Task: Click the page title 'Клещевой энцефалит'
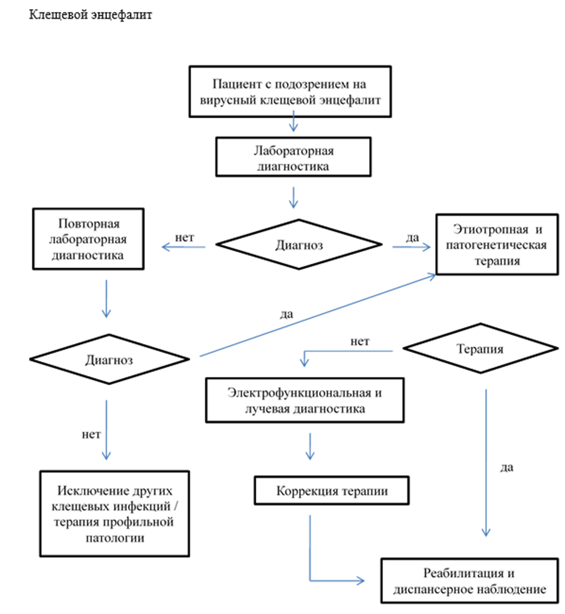[x=91, y=15]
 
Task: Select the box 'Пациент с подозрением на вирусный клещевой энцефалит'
[x=290, y=92]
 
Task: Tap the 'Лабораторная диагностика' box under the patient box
[x=294, y=156]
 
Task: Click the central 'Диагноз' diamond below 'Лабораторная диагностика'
[x=299, y=245]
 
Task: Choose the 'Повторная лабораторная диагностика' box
[x=88, y=239]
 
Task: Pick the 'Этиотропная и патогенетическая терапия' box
[x=497, y=245]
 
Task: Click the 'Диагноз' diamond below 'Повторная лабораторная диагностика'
[x=109, y=359]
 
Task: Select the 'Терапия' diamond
[x=480, y=348]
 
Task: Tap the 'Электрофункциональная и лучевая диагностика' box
[x=305, y=400]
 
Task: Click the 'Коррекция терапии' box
[x=332, y=490]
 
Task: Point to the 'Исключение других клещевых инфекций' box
[x=114, y=514]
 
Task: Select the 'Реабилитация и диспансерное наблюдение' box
[x=470, y=581]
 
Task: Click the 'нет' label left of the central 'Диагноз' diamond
[x=184, y=237]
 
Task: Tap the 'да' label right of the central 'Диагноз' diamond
[x=413, y=237]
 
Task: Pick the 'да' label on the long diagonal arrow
[x=286, y=314]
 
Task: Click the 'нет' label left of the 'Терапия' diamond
[x=360, y=342]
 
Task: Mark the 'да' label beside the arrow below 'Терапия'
[x=506, y=467]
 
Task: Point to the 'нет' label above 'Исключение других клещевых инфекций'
[x=91, y=434]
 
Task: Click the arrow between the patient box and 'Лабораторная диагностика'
[x=294, y=121]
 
